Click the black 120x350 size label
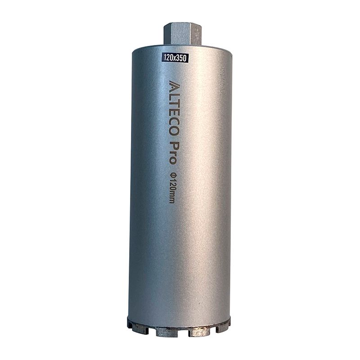point(175,58)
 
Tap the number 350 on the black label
point(182,58)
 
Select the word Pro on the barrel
point(172,153)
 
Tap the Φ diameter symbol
point(172,175)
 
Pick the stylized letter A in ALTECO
point(174,85)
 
